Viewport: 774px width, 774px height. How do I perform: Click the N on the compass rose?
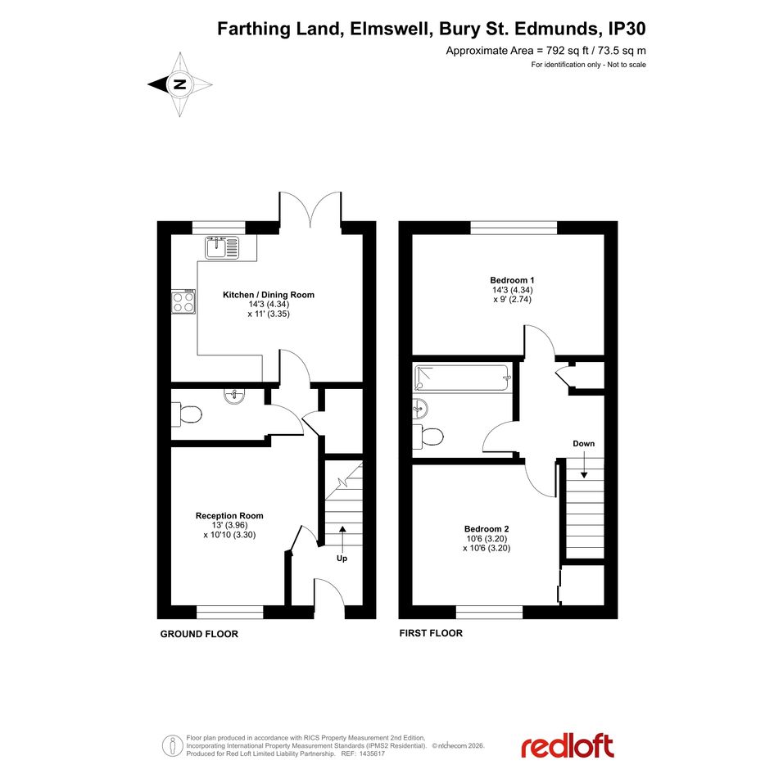point(180,84)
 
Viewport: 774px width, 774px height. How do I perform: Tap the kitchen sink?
point(222,247)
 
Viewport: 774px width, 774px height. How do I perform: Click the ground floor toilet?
point(186,414)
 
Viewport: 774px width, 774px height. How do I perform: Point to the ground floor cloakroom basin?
point(233,396)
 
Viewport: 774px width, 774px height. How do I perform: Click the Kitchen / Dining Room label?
point(269,295)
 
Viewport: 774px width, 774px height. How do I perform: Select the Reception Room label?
point(229,516)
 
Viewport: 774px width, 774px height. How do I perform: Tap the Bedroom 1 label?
point(513,280)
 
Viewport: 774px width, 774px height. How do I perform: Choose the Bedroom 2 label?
point(487,529)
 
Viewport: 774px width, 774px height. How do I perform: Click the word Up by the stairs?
point(342,559)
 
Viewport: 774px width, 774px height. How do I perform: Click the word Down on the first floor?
point(583,443)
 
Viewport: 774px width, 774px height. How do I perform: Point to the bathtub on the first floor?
point(462,378)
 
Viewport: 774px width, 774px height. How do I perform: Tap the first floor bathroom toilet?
point(428,437)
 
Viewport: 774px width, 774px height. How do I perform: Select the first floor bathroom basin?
point(420,408)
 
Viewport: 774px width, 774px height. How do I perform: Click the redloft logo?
point(568,746)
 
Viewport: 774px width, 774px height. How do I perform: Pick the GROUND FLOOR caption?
point(199,634)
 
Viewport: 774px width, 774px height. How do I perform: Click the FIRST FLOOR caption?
point(431,633)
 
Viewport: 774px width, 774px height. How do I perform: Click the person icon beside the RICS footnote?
point(172,745)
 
